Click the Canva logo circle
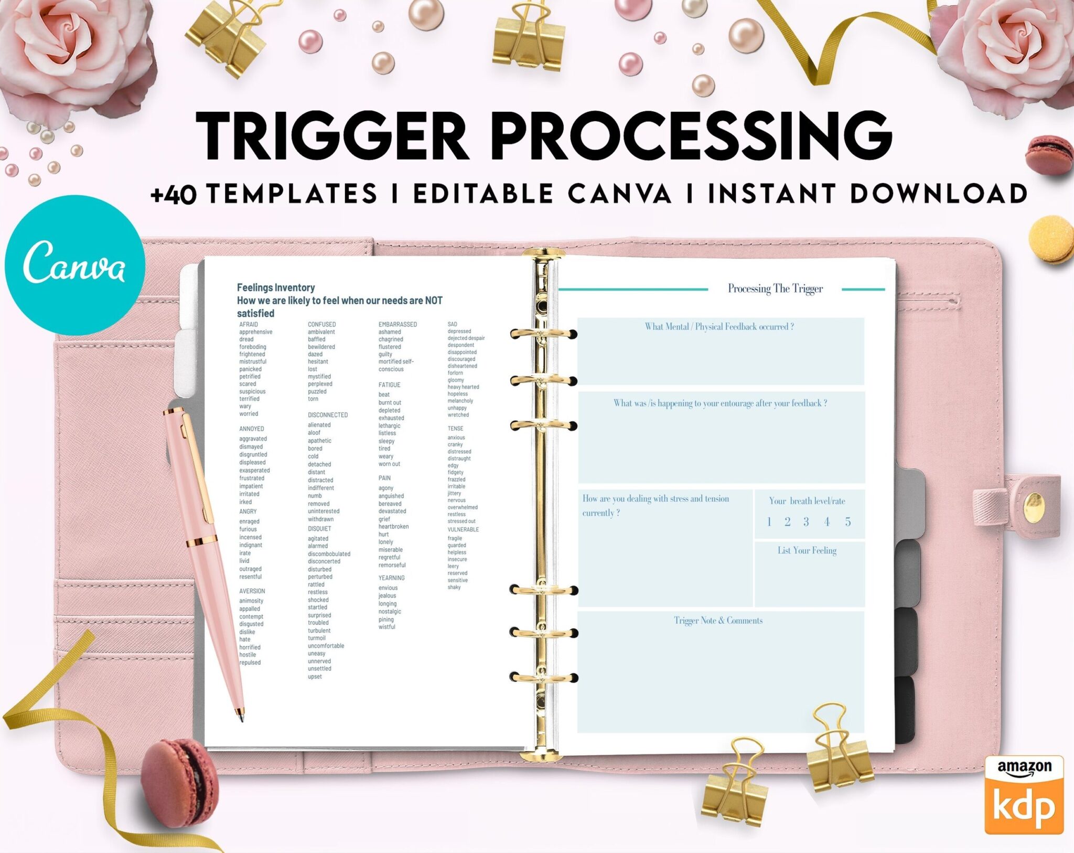[74, 265]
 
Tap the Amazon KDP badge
[1024, 794]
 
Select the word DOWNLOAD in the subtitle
[938, 194]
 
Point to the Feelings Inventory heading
[276, 287]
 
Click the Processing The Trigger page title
[775, 289]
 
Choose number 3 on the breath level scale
[806, 521]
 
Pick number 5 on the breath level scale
[847, 521]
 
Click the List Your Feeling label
[807, 550]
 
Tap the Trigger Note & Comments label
[718, 621]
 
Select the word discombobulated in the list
[329, 554]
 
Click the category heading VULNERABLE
[463, 530]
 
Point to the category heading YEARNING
[391, 578]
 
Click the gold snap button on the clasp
[1033, 505]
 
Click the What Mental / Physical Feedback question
[719, 327]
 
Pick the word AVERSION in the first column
[252, 591]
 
